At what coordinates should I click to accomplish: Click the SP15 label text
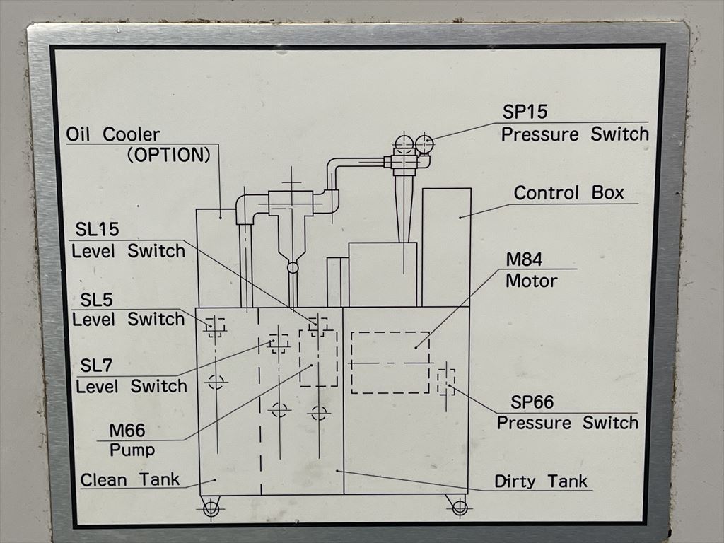pyautogui.click(x=525, y=112)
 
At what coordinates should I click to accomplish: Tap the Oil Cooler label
pyautogui.click(x=113, y=134)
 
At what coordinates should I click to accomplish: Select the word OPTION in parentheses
pyautogui.click(x=169, y=155)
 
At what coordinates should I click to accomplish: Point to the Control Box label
pyautogui.click(x=568, y=193)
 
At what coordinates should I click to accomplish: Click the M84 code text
pyautogui.click(x=524, y=260)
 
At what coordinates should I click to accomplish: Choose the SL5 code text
pyautogui.click(x=96, y=300)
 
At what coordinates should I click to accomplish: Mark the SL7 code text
pyautogui.click(x=96, y=366)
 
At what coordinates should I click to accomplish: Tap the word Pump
pyautogui.click(x=132, y=450)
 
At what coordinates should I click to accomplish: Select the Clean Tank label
pyautogui.click(x=130, y=479)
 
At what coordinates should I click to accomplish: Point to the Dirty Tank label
pyautogui.click(x=541, y=481)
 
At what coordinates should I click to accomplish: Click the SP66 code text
pyautogui.click(x=532, y=403)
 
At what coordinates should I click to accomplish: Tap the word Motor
pyautogui.click(x=532, y=281)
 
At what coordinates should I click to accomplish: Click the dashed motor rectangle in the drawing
pyautogui.click(x=390, y=362)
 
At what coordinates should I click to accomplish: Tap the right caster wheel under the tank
pyautogui.click(x=460, y=506)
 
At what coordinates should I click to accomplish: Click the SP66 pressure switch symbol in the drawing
pyautogui.click(x=446, y=382)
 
